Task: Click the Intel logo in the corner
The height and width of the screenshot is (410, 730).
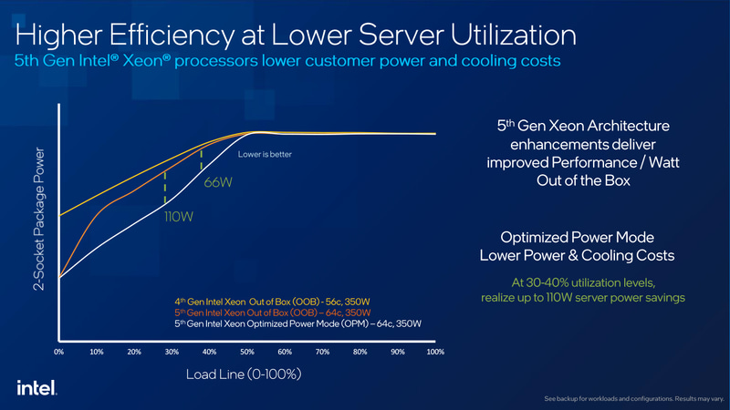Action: pos(36,387)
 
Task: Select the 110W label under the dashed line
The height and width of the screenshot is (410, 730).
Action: pos(177,218)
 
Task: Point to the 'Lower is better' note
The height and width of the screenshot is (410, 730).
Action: pos(265,154)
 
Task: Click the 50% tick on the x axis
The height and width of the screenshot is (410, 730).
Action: pos(246,351)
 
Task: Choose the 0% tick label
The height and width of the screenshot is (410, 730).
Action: pos(59,351)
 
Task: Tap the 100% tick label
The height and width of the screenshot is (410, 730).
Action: pos(434,351)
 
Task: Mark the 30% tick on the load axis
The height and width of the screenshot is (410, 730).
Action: pos(172,351)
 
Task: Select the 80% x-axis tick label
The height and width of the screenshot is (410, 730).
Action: pos(360,351)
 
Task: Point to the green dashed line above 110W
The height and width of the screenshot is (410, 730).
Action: pos(164,188)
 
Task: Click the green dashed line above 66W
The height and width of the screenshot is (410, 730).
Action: pos(202,158)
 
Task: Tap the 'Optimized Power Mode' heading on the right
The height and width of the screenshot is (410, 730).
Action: pos(582,237)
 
